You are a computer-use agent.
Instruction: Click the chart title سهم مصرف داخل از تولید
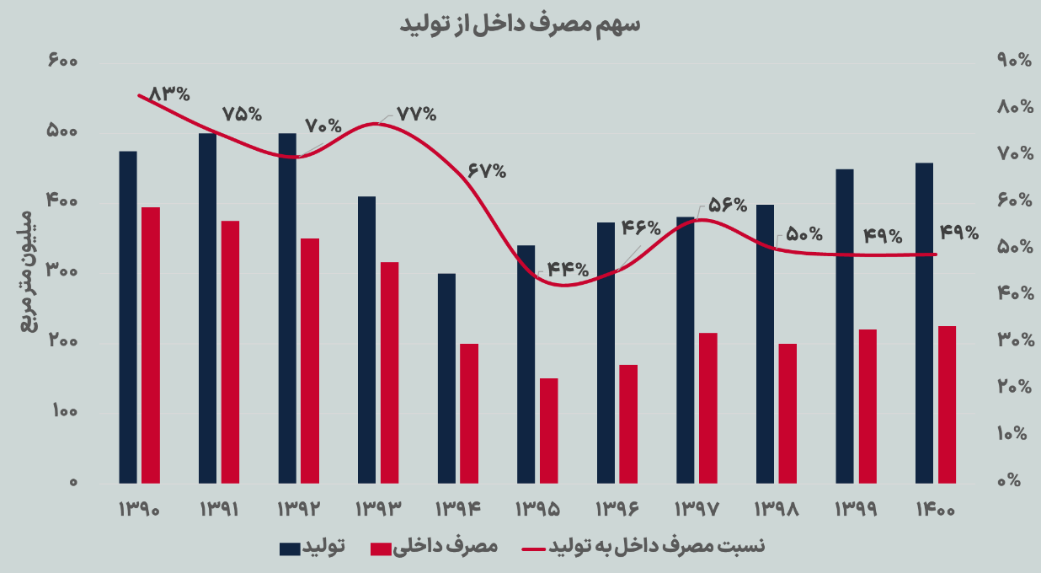click(x=520, y=25)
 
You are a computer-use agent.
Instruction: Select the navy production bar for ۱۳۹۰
click(x=128, y=317)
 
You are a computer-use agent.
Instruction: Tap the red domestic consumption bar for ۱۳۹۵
click(x=549, y=431)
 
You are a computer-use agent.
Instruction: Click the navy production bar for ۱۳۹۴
click(x=446, y=378)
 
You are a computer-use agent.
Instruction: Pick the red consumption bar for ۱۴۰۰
click(x=947, y=404)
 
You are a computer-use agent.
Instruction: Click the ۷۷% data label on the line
click(x=416, y=114)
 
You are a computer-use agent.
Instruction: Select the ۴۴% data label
click(x=568, y=270)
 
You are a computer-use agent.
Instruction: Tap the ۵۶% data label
click(x=726, y=205)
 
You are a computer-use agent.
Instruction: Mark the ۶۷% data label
click(x=486, y=170)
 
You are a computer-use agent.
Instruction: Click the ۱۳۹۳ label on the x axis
click(x=376, y=510)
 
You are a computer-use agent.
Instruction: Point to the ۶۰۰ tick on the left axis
click(x=63, y=62)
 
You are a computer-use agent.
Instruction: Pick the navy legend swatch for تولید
click(x=290, y=549)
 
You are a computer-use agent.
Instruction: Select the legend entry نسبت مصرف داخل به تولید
click(x=657, y=548)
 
